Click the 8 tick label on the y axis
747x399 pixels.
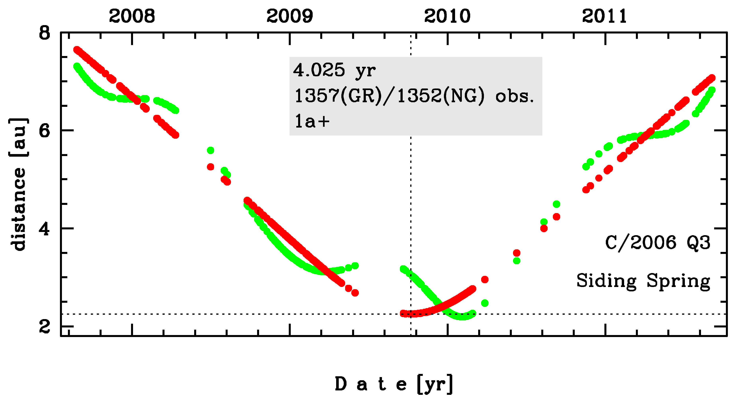(x=45, y=33)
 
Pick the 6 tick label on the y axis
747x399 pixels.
(x=45, y=131)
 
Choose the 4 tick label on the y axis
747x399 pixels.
(x=45, y=229)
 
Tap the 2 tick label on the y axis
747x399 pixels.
(x=45, y=327)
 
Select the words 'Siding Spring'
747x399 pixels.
(x=643, y=281)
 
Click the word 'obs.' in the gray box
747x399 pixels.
(x=514, y=96)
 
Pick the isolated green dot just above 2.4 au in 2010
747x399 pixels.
(x=485, y=303)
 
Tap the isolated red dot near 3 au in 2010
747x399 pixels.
(x=485, y=279)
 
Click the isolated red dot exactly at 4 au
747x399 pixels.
(x=544, y=228)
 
